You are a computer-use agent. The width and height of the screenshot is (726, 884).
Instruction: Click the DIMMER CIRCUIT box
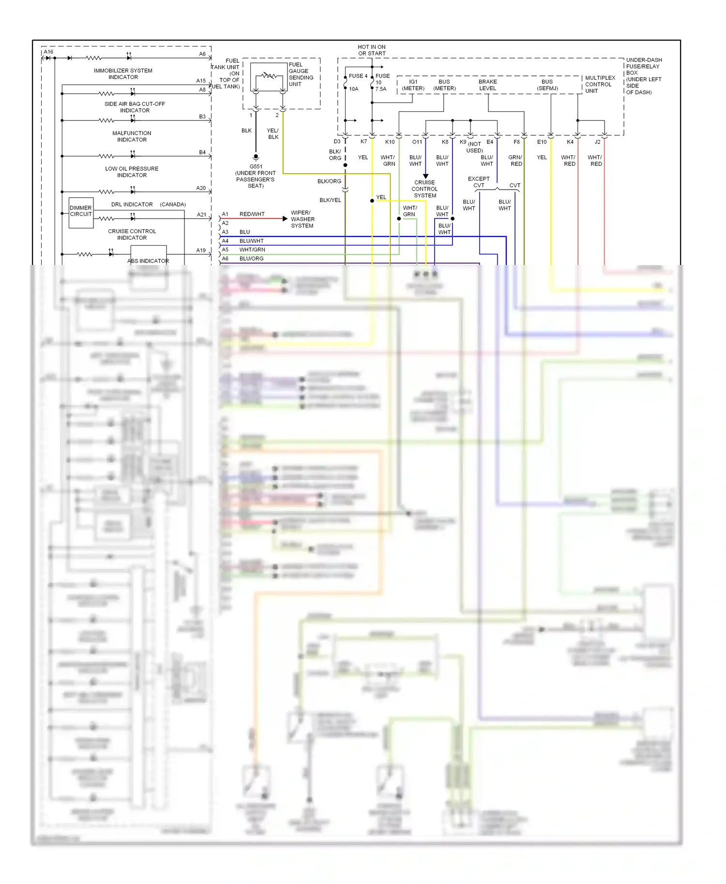pos(81,212)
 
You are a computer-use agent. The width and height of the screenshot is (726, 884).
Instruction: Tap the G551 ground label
pos(256,167)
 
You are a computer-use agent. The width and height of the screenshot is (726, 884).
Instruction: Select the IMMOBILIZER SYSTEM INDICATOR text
pos(123,74)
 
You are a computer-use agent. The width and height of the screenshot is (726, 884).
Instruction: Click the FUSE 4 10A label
pos(357,82)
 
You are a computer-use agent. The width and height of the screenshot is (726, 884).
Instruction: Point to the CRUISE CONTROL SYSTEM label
pos(425,189)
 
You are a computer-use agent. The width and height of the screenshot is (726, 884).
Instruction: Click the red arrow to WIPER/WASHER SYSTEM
pos(285,219)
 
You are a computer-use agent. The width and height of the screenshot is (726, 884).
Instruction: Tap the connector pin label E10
pos(542,142)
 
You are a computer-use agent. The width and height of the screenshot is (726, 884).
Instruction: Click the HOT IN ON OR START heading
pos(372,50)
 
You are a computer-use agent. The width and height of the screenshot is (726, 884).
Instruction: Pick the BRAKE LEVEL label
pos(487,85)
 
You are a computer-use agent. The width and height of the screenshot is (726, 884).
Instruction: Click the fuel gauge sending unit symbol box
pos(269,77)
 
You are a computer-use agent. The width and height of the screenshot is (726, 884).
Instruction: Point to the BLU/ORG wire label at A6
pos(251,259)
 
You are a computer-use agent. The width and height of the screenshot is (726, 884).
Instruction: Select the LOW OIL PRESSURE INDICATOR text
pos(132,172)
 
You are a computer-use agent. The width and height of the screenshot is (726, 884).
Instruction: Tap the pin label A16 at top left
pos(48,52)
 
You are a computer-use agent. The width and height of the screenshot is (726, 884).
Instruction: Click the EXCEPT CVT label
pos(479,182)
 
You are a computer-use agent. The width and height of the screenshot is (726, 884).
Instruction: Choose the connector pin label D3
pos(337,142)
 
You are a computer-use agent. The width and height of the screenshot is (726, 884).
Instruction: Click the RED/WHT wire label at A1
pos(252,214)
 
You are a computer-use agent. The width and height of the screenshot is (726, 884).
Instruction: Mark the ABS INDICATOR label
pos(148,261)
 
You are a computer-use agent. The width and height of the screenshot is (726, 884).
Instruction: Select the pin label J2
pos(597,142)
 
